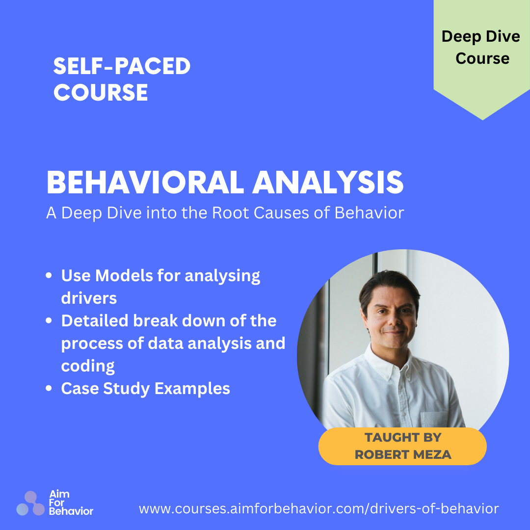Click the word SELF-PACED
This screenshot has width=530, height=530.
(122, 66)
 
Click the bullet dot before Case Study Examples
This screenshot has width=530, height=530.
(49, 388)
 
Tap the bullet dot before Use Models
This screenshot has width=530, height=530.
(49, 275)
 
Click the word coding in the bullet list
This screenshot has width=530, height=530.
(88, 367)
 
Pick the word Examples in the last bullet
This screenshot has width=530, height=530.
(192, 389)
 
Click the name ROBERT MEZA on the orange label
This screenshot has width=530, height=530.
(403, 454)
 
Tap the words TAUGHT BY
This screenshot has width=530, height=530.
(403, 437)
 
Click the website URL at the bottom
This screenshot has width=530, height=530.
(319, 508)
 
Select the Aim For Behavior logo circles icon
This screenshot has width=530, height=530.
(30, 503)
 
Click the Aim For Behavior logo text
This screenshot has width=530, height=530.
(71, 503)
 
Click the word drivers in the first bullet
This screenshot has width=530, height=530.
(89, 298)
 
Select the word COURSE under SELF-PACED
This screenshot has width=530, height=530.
(101, 92)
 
